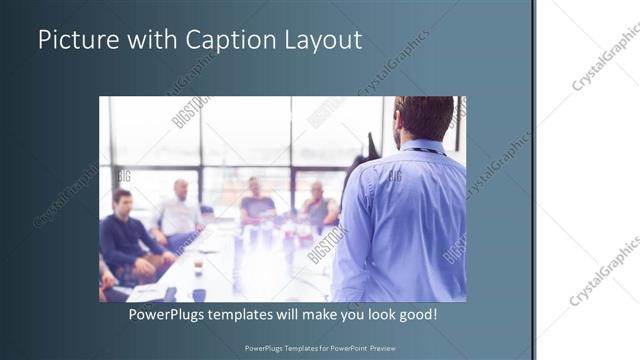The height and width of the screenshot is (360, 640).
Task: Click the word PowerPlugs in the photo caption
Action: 171,315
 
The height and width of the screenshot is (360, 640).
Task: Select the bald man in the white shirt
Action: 179,210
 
